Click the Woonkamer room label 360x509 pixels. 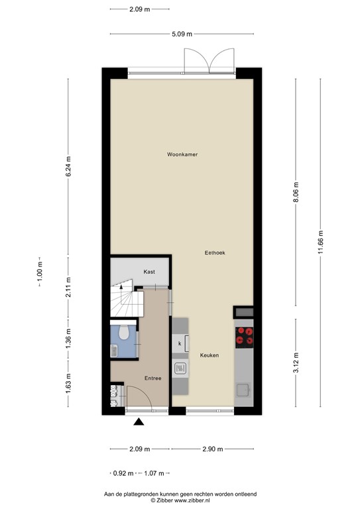tap(182, 154)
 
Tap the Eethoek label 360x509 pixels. tap(215, 253)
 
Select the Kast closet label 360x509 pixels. tap(149, 272)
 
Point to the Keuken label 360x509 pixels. tap(210, 356)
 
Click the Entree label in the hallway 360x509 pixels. tap(152, 378)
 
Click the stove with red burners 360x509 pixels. tap(244, 337)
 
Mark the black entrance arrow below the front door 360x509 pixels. tap(138, 422)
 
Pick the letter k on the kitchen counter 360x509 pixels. tap(180, 343)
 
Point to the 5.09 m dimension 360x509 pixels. tap(181, 34)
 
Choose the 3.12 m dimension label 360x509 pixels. tap(296, 361)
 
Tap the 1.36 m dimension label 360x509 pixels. tap(68, 337)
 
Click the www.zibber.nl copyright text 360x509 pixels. tap(180, 501)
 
